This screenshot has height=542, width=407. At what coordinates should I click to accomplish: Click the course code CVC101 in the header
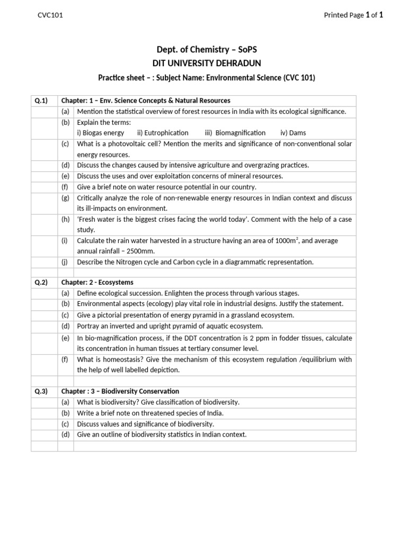[50, 15]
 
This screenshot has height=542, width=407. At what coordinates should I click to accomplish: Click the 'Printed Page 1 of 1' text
[353, 15]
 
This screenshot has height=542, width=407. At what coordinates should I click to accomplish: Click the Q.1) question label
[41, 101]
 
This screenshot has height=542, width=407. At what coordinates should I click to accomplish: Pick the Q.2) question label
[41, 283]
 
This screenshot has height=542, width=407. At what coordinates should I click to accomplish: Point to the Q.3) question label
[41, 391]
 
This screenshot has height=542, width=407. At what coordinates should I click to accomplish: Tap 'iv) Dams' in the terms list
[293, 133]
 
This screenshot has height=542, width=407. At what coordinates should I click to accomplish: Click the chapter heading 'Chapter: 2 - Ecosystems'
[98, 283]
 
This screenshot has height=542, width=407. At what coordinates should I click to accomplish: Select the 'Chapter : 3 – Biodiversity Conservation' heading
[120, 391]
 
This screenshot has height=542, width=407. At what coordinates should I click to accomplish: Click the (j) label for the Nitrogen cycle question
[65, 262]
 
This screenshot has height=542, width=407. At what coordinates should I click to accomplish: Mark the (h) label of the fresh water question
[65, 219]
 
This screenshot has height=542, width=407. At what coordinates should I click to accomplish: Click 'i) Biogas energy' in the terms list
[101, 133]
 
